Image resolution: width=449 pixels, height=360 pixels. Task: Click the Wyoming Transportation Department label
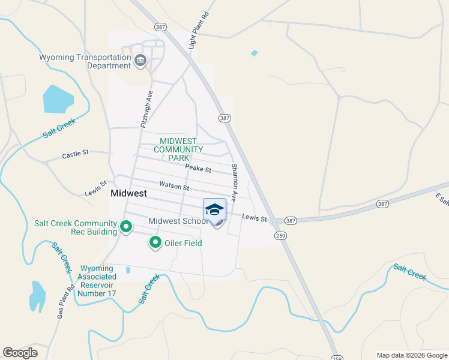85,61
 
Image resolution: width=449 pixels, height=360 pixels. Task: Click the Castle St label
75,154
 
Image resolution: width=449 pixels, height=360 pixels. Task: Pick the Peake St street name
198,169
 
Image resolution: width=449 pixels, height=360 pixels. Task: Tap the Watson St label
174,187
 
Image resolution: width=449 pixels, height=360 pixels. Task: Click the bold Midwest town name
129,194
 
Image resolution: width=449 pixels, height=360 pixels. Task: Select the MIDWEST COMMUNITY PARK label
178,149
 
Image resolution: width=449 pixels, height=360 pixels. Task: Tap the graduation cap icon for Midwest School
214,209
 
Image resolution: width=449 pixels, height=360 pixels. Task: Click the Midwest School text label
178,221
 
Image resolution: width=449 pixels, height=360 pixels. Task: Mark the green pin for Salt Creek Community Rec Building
126,227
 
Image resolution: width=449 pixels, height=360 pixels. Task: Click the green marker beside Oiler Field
155,243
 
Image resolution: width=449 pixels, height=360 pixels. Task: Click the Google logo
20,353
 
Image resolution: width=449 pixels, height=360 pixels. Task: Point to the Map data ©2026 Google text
411,355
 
